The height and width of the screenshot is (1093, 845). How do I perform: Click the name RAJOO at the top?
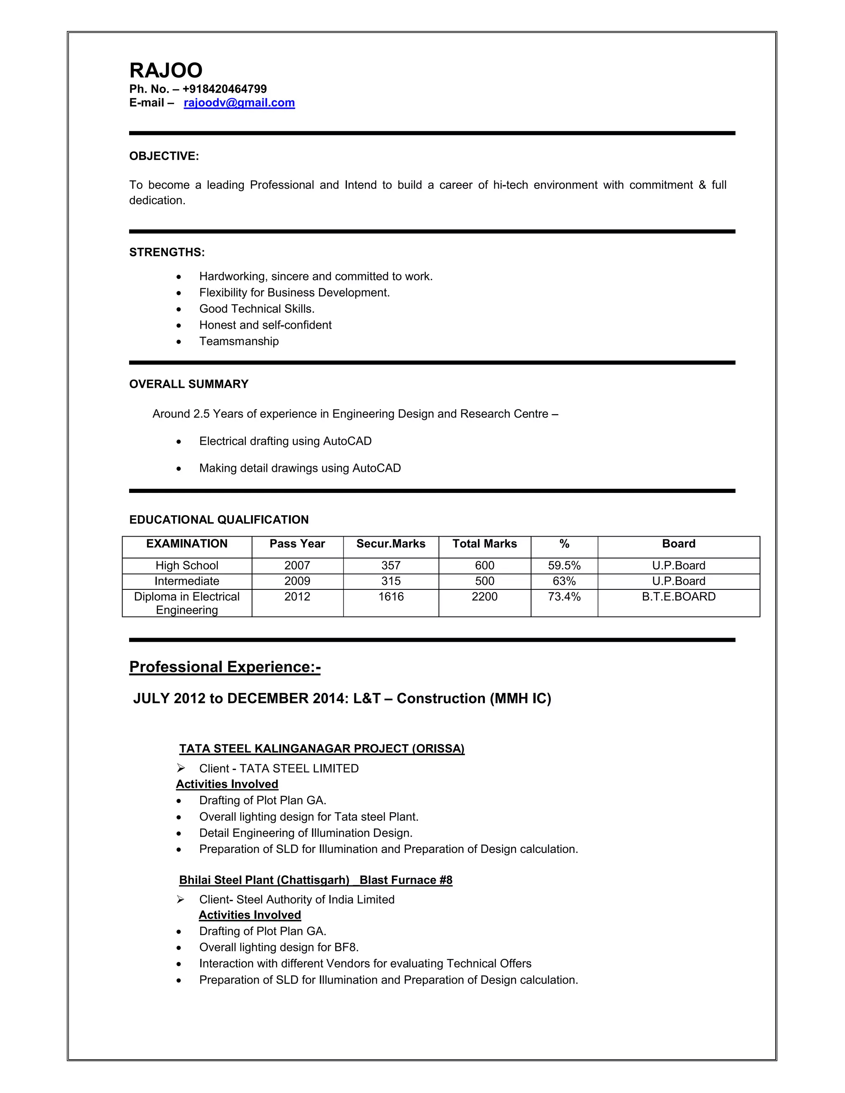click(166, 71)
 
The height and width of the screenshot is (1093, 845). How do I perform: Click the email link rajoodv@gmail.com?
click(239, 103)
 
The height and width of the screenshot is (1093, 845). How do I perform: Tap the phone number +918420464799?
click(224, 89)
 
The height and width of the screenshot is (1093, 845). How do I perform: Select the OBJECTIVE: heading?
click(164, 156)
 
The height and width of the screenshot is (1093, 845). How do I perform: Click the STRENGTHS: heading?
click(167, 252)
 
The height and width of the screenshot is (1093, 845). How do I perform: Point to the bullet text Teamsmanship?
click(239, 342)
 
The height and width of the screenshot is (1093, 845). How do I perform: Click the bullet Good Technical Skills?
click(257, 309)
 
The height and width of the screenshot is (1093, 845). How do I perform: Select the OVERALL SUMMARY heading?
click(189, 384)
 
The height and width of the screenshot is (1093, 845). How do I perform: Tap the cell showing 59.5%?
click(564, 565)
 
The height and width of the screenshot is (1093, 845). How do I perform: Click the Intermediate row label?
click(187, 581)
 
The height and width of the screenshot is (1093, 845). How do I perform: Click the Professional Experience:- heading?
click(225, 667)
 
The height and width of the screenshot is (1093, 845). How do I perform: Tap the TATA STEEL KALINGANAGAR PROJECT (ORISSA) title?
click(322, 749)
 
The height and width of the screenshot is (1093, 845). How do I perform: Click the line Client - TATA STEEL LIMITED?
click(279, 769)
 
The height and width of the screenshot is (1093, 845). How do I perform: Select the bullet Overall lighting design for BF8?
click(279, 947)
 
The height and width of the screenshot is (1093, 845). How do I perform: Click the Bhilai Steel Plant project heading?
click(315, 880)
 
